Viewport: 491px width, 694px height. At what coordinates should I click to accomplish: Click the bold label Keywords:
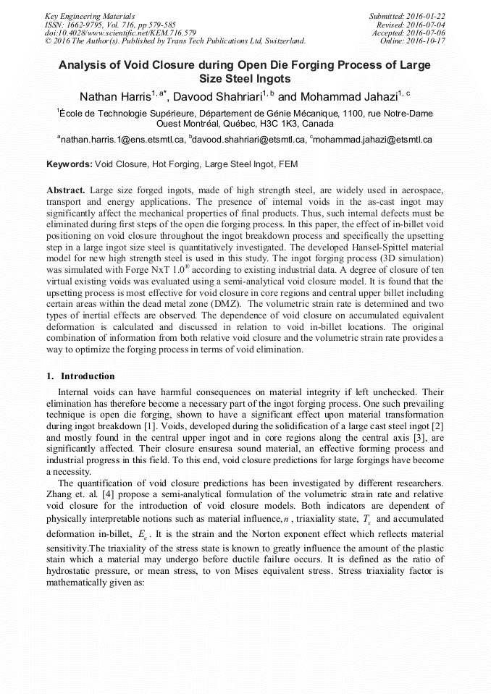(x=69, y=165)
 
